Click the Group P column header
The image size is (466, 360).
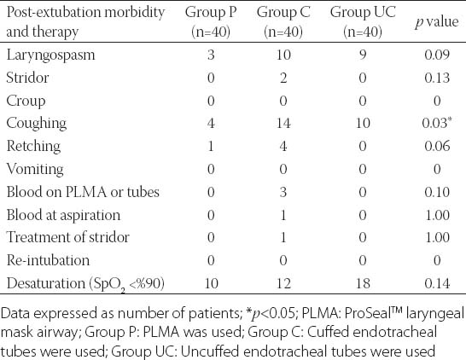[x=211, y=21]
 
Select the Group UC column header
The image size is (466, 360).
[x=363, y=21]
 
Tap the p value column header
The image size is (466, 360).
[x=437, y=22]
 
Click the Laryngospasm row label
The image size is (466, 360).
[x=50, y=55]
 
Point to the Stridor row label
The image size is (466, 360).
[x=27, y=78]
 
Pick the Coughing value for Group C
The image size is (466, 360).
[x=283, y=123]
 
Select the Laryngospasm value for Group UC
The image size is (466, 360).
[x=363, y=55]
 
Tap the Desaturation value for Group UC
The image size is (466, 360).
[x=363, y=283]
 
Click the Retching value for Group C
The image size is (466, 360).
[x=283, y=146]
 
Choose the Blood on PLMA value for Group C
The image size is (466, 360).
[x=283, y=192]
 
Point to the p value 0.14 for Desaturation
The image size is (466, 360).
[x=437, y=283]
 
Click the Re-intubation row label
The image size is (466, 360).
[x=48, y=260]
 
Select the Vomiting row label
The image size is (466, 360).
[x=35, y=169]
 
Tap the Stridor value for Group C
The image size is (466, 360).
[x=283, y=78]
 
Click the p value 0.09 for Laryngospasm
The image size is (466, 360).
[x=437, y=55]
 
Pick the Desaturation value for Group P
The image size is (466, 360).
[x=211, y=283]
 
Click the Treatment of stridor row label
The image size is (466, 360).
[x=68, y=237]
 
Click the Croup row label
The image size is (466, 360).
[x=26, y=101]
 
